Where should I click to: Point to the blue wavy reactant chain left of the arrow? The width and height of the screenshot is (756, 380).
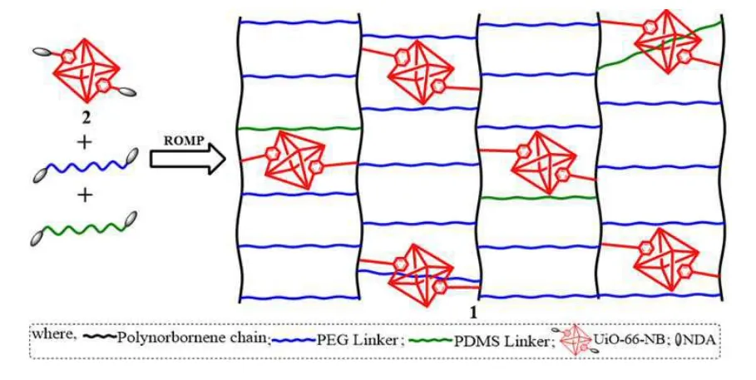tap(83, 165)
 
